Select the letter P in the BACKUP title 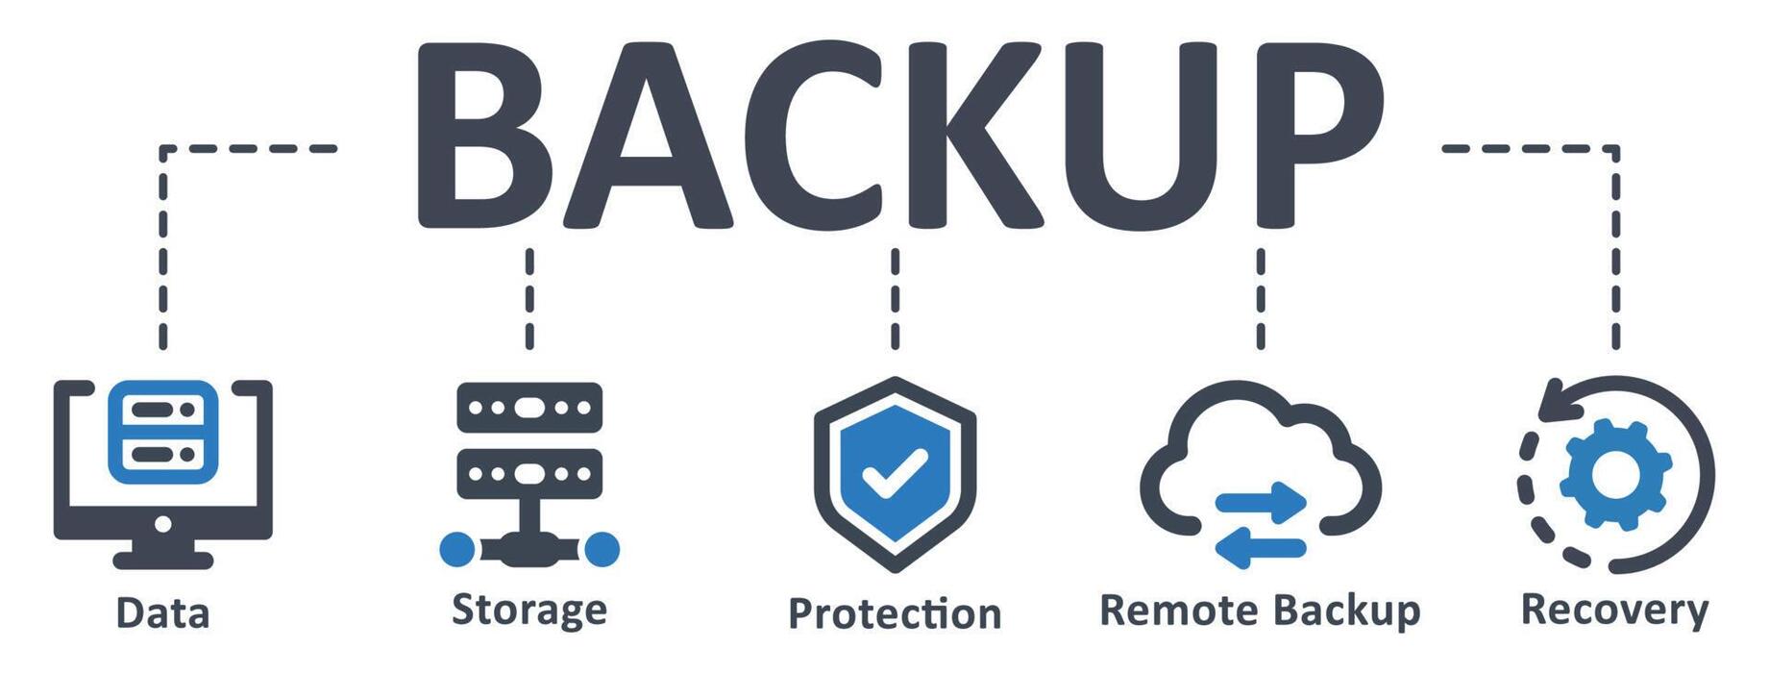click(x=1316, y=135)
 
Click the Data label click(x=162, y=613)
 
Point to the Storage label click(x=529, y=611)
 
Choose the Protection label click(x=895, y=613)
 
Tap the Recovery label click(x=1614, y=611)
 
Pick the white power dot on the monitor click(x=162, y=524)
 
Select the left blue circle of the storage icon click(x=457, y=549)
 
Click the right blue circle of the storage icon click(x=602, y=549)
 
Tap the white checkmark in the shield click(x=894, y=472)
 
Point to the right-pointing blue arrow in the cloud click(x=1261, y=503)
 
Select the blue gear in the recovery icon click(x=1614, y=473)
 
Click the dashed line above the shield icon click(x=895, y=298)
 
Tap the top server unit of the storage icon click(x=529, y=408)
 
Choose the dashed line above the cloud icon click(x=1261, y=298)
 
